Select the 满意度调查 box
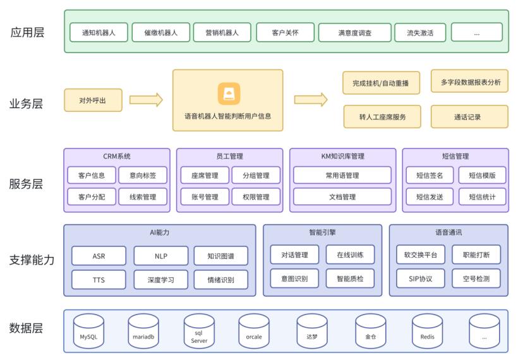pyautogui.click(x=354, y=32)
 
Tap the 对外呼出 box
pyautogui.click(x=93, y=100)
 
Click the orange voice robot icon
pyautogui.click(x=228, y=93)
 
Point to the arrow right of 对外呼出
pyautogui.click(x=146, y=100)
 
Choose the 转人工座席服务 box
pyautogui.click(x=382, y=117)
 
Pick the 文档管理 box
pyautogui.click(x=342, y=196)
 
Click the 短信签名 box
pyautogui.click(x=430, y=175)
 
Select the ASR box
pyautogui.click(x=99, y=256)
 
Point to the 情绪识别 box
pyautogui.click(x=220, y=279)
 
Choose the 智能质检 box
pyautogui.click(x=351, y=278)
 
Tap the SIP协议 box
pyautogui.click(x=421, y=278)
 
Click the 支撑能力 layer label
pyautogui.click(x=31, y=260)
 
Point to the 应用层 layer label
pyautogui.click(x=27, y=32)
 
